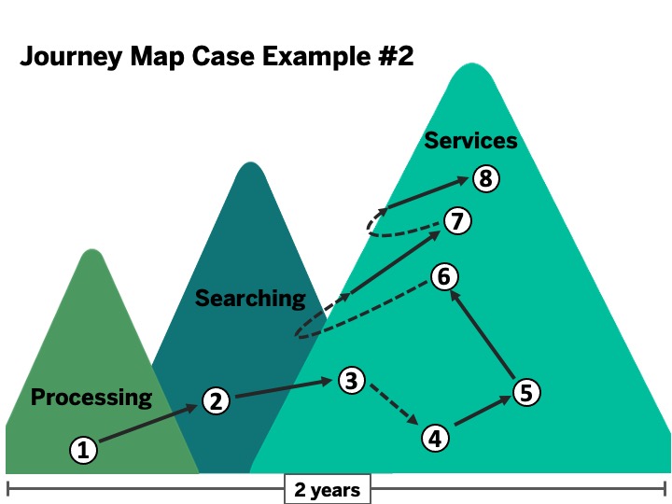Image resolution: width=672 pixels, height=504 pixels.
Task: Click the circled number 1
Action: point(83,450)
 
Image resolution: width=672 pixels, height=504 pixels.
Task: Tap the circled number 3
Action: point(350,380)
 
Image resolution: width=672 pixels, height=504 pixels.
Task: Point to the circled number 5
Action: point(526,392)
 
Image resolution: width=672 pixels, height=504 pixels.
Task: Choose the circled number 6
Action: point(443,276)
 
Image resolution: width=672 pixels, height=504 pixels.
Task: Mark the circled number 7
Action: point(456,221)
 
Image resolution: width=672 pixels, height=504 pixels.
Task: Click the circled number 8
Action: point(485,177)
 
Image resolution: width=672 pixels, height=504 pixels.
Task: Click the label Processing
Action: point(91,398)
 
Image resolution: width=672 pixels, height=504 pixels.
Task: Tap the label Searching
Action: point(249,299)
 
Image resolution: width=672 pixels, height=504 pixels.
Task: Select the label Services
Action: point(470,141)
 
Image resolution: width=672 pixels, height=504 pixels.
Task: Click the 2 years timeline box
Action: point(327,489)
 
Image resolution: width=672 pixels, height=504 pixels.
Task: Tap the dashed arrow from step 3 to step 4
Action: point(392,407)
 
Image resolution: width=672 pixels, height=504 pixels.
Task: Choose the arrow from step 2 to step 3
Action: point(282,390)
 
